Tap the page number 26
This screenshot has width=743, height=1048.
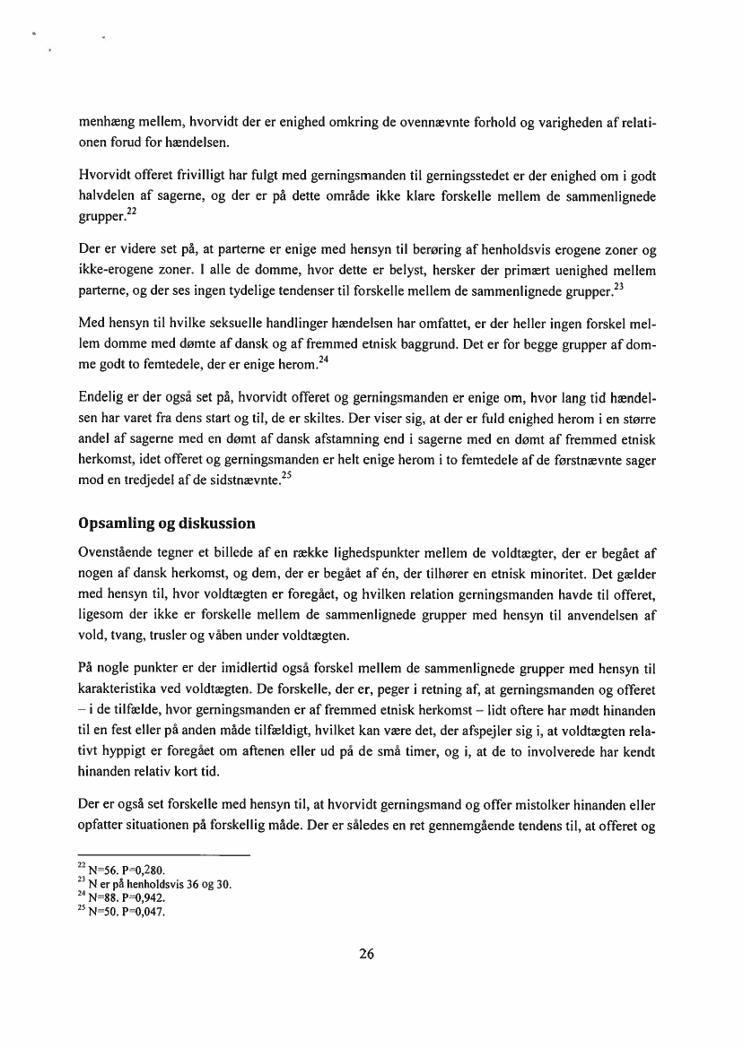pyautogui.click(x=366, y=954)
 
